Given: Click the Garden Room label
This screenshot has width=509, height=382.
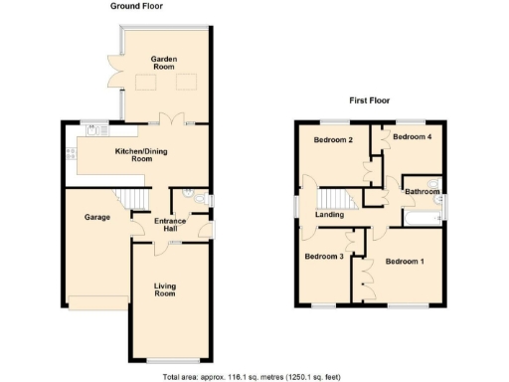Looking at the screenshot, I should pos(164,65).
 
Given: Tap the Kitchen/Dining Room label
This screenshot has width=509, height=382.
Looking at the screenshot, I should pos(133,155).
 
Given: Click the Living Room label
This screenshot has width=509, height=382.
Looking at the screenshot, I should pos(164,289).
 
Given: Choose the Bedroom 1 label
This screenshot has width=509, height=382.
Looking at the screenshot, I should pos(404,262).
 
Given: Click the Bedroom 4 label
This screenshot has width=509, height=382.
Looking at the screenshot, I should pos(412,136).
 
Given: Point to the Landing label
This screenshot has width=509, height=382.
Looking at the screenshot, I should pos(329,214).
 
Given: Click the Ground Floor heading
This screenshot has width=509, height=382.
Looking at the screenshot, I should pos(136,6).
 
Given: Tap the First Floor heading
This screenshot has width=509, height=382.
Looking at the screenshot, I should pos(368,100).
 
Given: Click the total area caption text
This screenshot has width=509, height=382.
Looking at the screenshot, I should pos(254,376).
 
